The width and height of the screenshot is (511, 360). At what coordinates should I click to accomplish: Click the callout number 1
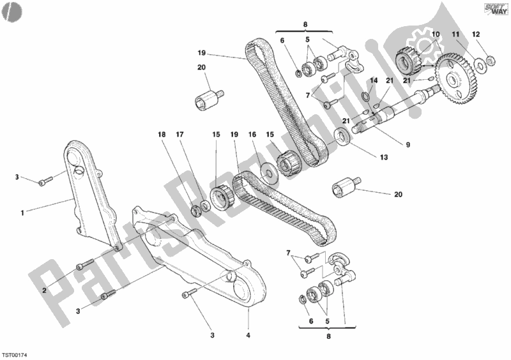click(22, 213)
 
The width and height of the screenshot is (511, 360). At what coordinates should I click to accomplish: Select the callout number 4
click(247, 335)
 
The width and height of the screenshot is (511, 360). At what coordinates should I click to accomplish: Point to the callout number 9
click(408, 145)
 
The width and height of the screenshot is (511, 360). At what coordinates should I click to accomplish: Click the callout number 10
click(436, 34)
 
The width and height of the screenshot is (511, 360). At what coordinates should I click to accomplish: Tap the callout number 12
click(475, 34)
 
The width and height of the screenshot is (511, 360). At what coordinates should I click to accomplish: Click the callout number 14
click(375, 81)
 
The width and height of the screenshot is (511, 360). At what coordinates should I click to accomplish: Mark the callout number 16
click(252, 135)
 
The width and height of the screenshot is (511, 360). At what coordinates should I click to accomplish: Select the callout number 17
click(179, 135)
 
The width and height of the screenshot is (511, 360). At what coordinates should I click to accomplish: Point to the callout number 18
click(161, 135)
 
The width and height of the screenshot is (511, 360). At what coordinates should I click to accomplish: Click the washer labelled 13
click(342, 136)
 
